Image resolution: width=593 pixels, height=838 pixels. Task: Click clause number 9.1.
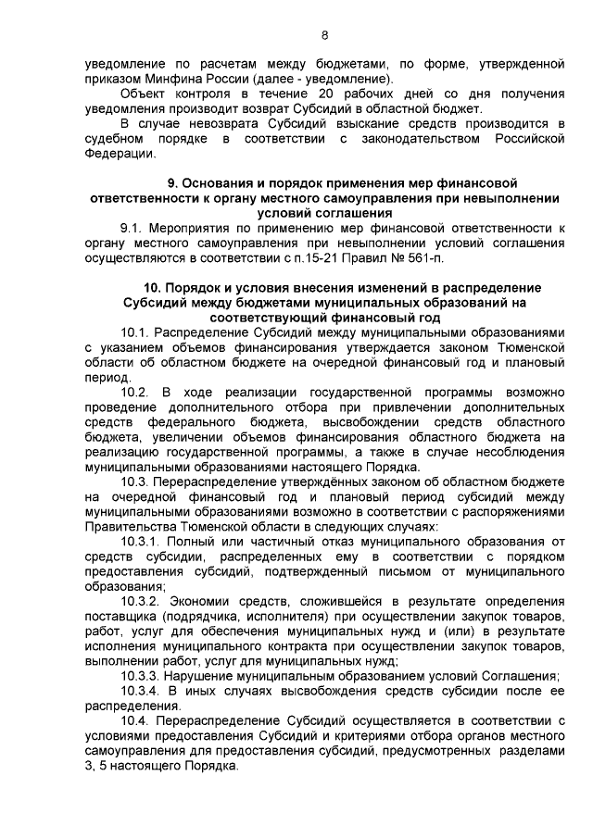(134, 227)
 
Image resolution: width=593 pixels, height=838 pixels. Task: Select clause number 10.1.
(137, 331)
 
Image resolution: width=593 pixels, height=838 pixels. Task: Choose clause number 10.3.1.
(143, 542)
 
